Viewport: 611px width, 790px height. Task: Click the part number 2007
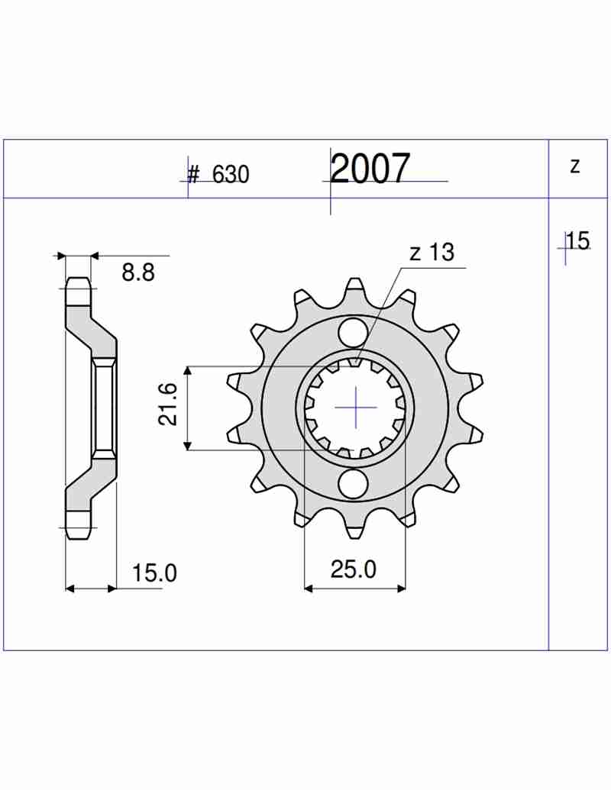[x=370, y=168]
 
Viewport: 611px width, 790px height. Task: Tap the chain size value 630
[x=231, y=174]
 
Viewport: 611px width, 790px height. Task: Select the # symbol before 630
[x=193, y=174]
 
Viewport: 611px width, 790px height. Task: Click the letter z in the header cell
[x=575, y=166]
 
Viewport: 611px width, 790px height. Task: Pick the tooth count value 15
[x=577, y=241]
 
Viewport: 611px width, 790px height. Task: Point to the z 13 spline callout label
[x=432, y=253]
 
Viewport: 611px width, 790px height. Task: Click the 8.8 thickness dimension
[x=138, y=272]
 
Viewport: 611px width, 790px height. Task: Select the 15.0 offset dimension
[x=155, y=573]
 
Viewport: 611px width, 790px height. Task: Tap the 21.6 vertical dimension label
[x=169, y=404]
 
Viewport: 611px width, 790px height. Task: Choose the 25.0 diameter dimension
[x=354, y=569]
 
